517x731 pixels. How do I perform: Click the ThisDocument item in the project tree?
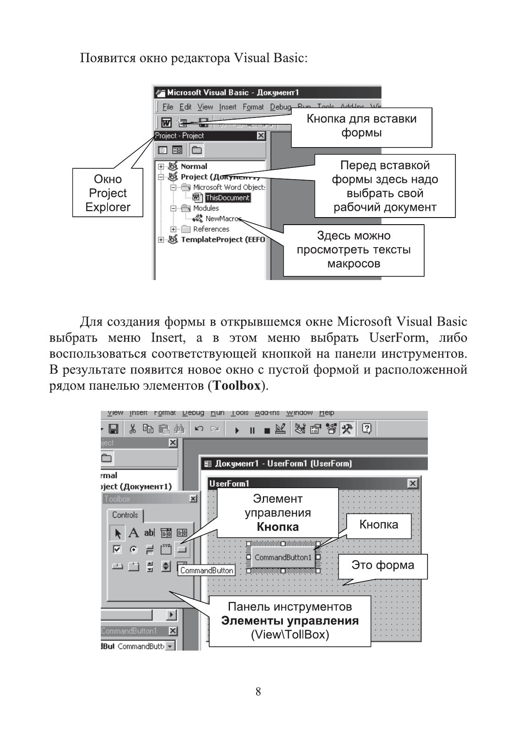pos(227,198)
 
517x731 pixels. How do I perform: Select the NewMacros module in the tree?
pos(222,218)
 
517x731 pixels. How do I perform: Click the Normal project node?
pos(194,166)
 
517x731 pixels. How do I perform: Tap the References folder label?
pos(211,229)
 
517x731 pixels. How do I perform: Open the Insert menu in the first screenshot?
pos(227,107)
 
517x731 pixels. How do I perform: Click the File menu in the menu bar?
pos(167,107)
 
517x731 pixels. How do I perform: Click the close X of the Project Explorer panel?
pos(261,135)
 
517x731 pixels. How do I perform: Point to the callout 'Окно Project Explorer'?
pos(107,193)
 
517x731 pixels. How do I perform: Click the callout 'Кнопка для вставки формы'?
pos(361,126)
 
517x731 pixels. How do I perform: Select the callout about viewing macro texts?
pos(353,250)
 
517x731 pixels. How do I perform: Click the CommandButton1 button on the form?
pos(283,557)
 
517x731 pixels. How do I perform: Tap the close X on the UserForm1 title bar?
pos(412,483)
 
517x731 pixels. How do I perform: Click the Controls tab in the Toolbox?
pos(125,515)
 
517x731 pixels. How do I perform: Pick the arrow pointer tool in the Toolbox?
pos(117,533)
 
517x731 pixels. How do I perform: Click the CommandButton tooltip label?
pos(207,571)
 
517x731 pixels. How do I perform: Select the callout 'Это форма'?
pos(382,565)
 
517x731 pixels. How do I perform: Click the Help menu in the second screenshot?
pos(327,413)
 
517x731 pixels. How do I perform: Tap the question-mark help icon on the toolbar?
pos(367,428)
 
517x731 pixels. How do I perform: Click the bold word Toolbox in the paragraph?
pos(237,386)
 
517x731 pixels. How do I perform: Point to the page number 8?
pos(258,692)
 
